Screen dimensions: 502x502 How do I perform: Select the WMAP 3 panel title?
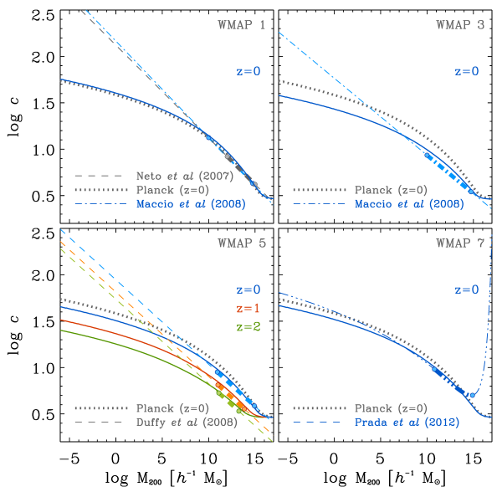point(459,25)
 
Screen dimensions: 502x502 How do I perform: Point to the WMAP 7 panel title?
point(459,243)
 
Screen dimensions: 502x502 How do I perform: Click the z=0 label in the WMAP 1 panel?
point(248,72)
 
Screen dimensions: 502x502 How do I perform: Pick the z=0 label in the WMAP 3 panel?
point(467,72)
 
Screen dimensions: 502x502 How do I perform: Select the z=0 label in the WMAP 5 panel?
point(248,290)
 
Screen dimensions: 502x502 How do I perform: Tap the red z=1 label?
point(248,309)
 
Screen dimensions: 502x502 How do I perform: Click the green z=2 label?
point(248,326)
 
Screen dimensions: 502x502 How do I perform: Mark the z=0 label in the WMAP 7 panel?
point(467,290)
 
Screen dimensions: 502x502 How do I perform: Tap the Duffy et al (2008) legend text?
point(187,423)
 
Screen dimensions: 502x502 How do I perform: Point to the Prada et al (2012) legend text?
point(405,423)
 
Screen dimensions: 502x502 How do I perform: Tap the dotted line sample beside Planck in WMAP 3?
point(318,190)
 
